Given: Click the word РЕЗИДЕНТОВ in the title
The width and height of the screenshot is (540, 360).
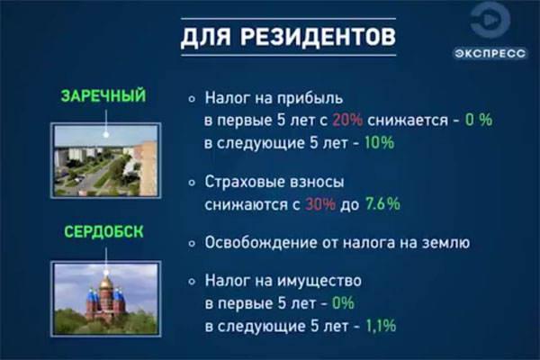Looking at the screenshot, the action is click(318, 37).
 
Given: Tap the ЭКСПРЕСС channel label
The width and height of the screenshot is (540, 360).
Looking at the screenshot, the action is click(490, 53).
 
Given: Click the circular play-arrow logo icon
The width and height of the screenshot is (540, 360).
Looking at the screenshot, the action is click(490, 21).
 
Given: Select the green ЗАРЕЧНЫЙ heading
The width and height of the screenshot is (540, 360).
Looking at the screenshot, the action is click(103, 96).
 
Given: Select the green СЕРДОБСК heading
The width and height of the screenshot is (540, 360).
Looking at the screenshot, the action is click(103, 232).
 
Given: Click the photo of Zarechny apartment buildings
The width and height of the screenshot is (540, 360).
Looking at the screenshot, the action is click(106, 160).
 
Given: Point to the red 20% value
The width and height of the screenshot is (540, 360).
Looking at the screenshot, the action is click(347, 121).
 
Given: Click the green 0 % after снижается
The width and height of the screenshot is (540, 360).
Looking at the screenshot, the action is click(479, 120).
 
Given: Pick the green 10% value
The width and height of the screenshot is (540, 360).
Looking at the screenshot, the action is click(379, 142).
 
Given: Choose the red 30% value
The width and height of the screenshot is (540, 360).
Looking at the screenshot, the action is click(319, 204).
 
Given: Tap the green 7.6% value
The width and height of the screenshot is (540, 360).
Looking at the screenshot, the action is click(382, 204).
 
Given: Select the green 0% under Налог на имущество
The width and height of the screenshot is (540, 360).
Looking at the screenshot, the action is click(343, 303).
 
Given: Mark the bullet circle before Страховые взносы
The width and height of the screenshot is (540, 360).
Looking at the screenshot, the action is click(192, 183).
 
